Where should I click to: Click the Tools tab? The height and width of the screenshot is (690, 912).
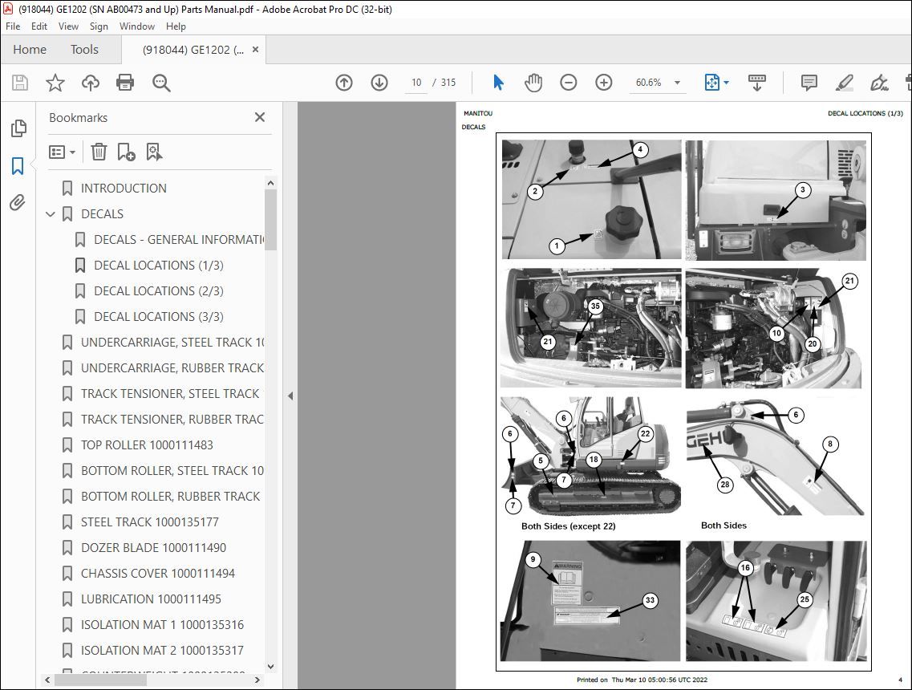(84, 50)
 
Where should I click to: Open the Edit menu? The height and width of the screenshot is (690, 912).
(39, 26)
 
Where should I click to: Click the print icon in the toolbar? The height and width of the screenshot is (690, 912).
(125, 83)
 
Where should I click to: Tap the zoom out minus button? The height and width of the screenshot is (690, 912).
(569, 83)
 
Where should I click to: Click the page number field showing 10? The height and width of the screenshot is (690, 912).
(416, 83)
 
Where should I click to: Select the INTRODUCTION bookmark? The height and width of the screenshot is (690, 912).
(124, 189)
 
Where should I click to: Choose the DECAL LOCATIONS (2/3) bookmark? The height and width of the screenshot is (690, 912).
(158, 291)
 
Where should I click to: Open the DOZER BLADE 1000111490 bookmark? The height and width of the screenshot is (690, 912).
(153, 548)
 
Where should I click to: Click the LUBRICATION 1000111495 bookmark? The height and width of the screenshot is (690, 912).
(151, 599)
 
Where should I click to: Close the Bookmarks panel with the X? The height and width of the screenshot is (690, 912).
(260, 117)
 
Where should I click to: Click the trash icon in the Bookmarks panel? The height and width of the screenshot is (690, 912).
(99, 152)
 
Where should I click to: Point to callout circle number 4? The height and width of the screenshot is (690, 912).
(639, 149)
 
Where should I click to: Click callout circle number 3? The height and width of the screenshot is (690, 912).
(803, 190)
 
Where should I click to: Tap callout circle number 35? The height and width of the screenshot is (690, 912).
(594, 306)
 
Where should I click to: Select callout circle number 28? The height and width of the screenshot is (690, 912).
(724, 485)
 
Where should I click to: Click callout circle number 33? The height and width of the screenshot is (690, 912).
(651, 600)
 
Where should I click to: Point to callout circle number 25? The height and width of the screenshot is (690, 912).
(805, 599)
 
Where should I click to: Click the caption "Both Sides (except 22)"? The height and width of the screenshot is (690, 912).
(568, 526)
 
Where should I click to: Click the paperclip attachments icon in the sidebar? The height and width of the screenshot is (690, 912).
(18, 203)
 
